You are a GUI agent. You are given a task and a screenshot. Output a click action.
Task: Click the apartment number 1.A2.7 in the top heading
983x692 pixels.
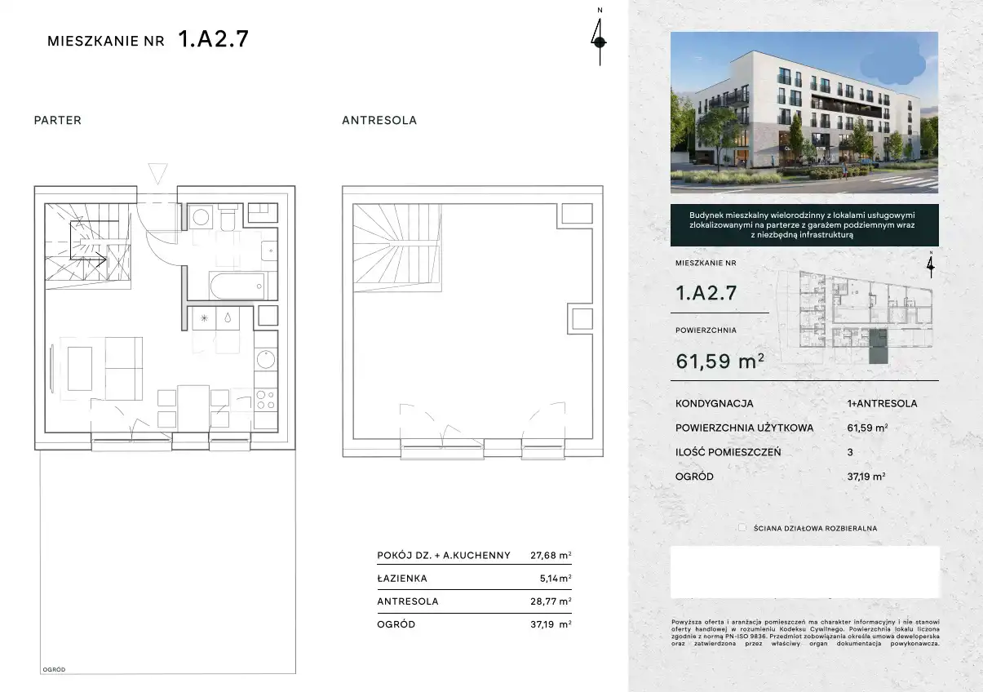(x=213, y=38)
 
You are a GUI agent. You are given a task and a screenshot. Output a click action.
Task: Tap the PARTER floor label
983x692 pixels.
(x=57, y=120)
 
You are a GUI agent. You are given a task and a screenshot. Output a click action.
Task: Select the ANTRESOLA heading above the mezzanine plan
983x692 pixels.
(x=379, y=120)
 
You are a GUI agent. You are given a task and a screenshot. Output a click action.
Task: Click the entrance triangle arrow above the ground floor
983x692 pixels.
(x=157, y=173)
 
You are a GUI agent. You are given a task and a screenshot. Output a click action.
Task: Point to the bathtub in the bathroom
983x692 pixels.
(x=238, y=286)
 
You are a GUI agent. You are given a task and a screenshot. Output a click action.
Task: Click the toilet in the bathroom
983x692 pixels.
(x=228, y=217)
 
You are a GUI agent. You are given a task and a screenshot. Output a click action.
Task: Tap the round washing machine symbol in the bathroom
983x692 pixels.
(x=201, y=217)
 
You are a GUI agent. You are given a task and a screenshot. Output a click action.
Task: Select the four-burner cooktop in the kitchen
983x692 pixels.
(x=265, y=399)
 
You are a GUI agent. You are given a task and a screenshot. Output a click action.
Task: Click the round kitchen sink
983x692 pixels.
(x=265, y=359)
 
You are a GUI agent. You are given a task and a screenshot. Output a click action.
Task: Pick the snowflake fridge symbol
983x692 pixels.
(x=204, y=318)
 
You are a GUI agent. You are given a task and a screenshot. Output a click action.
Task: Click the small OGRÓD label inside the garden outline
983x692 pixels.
(x=54, y=670)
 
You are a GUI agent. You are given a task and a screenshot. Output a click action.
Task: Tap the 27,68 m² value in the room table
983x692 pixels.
(x=551, y=555)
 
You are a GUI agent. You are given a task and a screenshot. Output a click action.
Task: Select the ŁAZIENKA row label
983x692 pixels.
(x=402, y=579)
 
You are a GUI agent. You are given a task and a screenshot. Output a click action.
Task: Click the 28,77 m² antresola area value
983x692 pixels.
(x=551, y=601)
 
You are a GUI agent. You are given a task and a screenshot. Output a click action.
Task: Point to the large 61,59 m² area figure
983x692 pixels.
(x=720, y=361)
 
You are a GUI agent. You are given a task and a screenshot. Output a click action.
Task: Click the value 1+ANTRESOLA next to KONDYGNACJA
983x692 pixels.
(x=882, y=403)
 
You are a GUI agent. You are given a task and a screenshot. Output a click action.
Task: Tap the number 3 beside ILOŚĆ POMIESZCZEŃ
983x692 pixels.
(x=850, y=452)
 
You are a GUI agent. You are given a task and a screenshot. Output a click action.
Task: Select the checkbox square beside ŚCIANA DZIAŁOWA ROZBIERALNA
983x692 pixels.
(x=742, y=528)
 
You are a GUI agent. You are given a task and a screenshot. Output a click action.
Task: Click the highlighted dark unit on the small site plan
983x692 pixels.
(x=878, y=347)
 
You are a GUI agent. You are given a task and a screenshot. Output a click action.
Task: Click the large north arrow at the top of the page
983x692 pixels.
(x=600, y=42)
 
